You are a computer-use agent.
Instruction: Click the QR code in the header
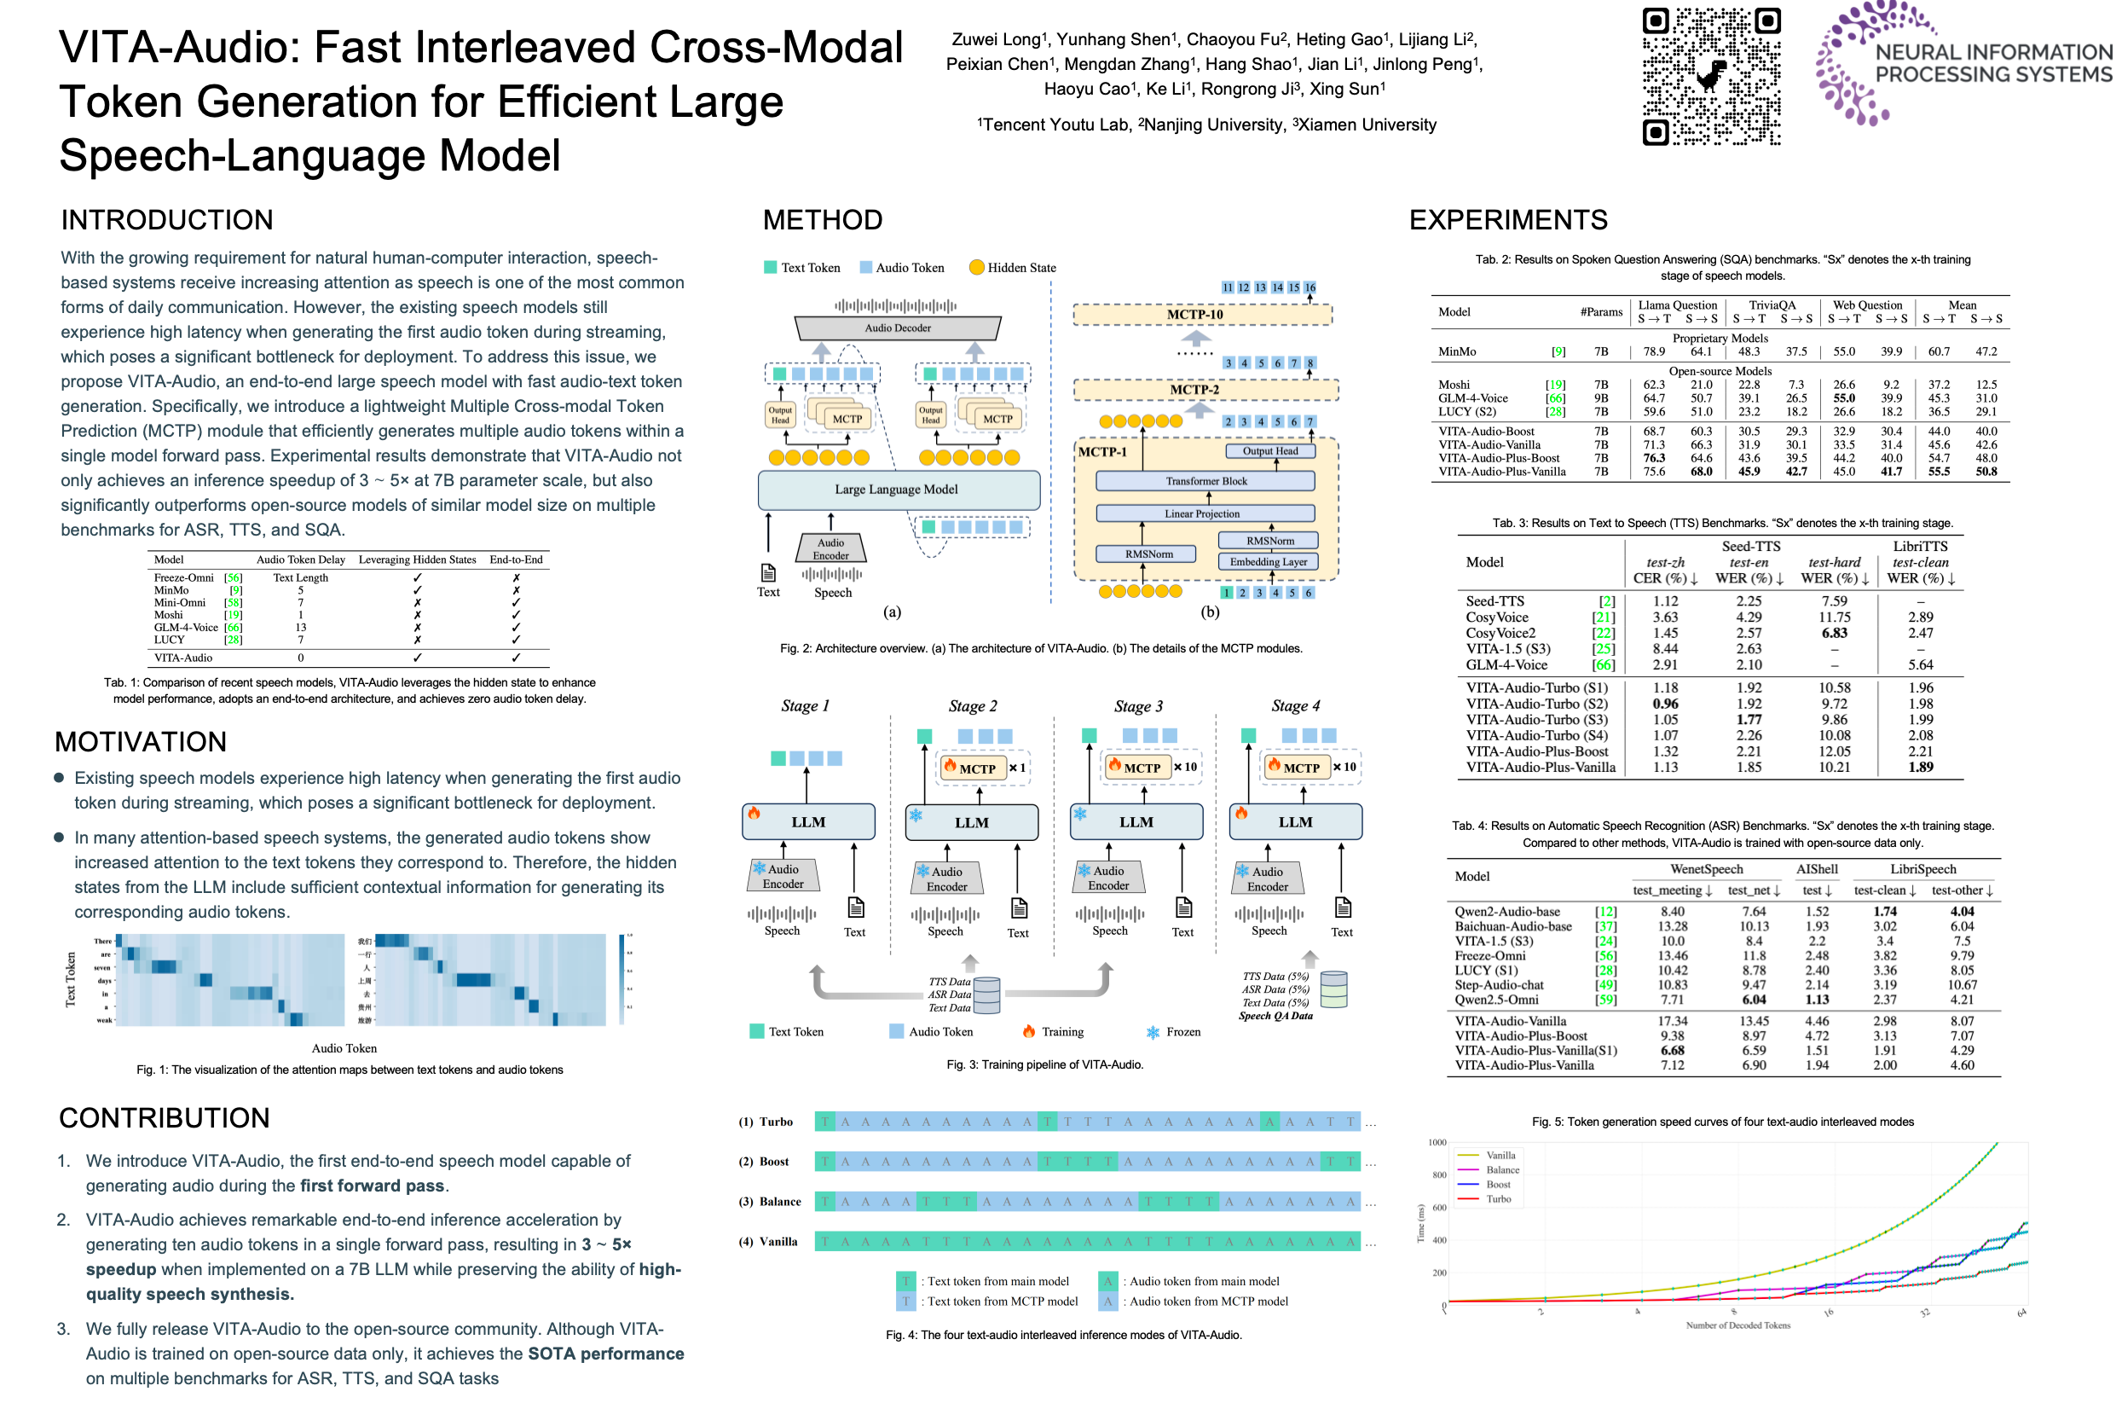(1710, 77)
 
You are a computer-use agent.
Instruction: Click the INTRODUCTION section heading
(167, 220)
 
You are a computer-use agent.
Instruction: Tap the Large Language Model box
(897, 490)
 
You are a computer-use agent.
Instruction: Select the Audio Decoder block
(897, 328)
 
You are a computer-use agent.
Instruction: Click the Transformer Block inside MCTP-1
(1205, 481)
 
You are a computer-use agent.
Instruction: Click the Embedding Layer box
(1267, 561)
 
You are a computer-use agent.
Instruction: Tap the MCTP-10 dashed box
(1201, 315)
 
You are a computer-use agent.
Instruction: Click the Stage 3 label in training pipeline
(1138, 706)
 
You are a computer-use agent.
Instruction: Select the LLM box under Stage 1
(807, 822)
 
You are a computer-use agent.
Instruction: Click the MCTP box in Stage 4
(1299, 768)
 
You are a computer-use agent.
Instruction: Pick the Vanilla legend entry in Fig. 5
(1500, 1156)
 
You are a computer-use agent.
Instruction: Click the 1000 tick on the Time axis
(1437, 1143)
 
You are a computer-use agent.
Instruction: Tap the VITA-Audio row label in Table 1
(183, 658)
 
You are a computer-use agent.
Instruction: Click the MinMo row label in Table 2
(1457, 351)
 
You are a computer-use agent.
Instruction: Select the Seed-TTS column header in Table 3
(1749, 547)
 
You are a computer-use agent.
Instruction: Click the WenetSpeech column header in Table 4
(1706, 869)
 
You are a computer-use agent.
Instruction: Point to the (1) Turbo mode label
(766, 1122)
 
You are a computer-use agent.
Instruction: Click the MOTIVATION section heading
(141, 742)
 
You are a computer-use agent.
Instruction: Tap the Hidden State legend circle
(976, 267)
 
